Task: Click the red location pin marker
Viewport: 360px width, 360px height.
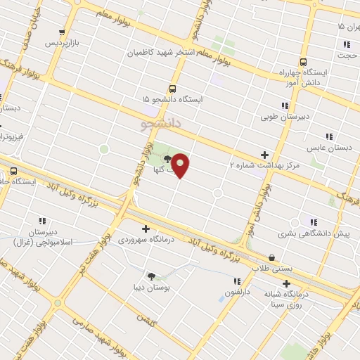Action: coord(181,165)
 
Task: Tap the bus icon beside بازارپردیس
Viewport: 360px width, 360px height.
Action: coord(63,32)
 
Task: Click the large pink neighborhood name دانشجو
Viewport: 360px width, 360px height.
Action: coord(161,124)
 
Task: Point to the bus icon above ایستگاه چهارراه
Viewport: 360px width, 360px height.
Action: coord(303,61)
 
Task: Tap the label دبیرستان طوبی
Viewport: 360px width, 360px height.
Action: coord(284,117)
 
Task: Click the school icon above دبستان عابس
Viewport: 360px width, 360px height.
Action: coord(328,136)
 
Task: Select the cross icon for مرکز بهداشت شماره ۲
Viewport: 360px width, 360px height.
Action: coord(264,154)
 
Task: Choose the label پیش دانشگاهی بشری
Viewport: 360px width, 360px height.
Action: coord(312,233)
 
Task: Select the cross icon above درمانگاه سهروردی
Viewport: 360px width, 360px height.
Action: coord(146,228)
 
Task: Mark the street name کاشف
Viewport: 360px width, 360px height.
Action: coord(146,320)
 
